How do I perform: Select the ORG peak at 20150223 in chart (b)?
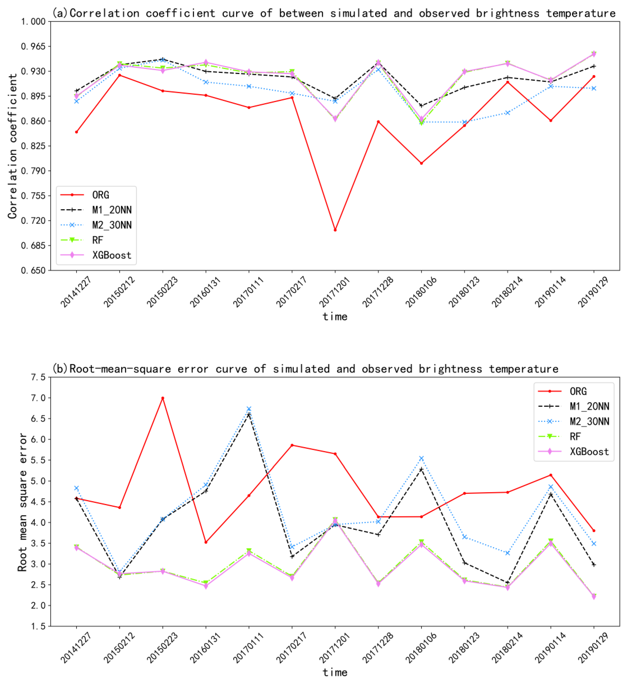163,398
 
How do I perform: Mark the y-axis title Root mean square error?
22,502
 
